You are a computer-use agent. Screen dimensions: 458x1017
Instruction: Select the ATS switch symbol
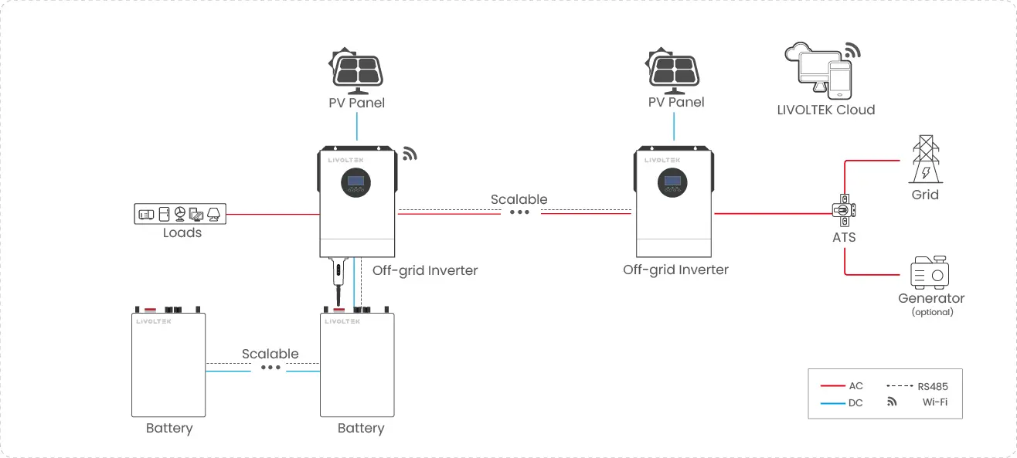844,210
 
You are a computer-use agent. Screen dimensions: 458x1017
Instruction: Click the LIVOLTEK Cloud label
825,110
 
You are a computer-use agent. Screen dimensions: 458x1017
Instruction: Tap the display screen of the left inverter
356,182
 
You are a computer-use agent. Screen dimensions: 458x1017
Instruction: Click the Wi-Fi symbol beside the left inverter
410,153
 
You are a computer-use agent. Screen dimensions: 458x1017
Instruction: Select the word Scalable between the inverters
519,199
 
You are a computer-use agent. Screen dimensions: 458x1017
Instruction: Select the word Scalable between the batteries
270,354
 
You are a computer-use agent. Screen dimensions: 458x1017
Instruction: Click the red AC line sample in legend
832,385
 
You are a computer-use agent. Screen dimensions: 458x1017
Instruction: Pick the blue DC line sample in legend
832,402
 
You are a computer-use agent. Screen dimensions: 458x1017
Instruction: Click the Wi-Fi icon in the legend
892,402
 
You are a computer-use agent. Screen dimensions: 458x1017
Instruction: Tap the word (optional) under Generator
932,312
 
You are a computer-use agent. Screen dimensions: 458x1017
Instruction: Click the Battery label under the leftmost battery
169,428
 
